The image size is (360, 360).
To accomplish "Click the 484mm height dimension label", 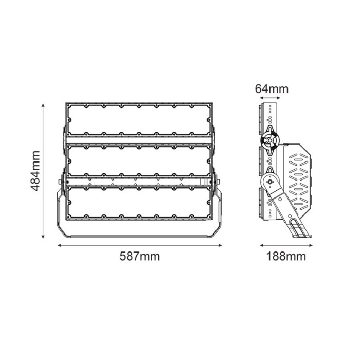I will [35, 171].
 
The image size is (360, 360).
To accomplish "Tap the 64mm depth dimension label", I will [272, 89].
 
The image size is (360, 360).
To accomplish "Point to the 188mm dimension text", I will [286, 256].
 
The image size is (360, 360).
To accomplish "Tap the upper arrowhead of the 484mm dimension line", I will [43, 105].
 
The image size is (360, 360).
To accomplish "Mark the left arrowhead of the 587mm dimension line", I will [59, 245].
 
